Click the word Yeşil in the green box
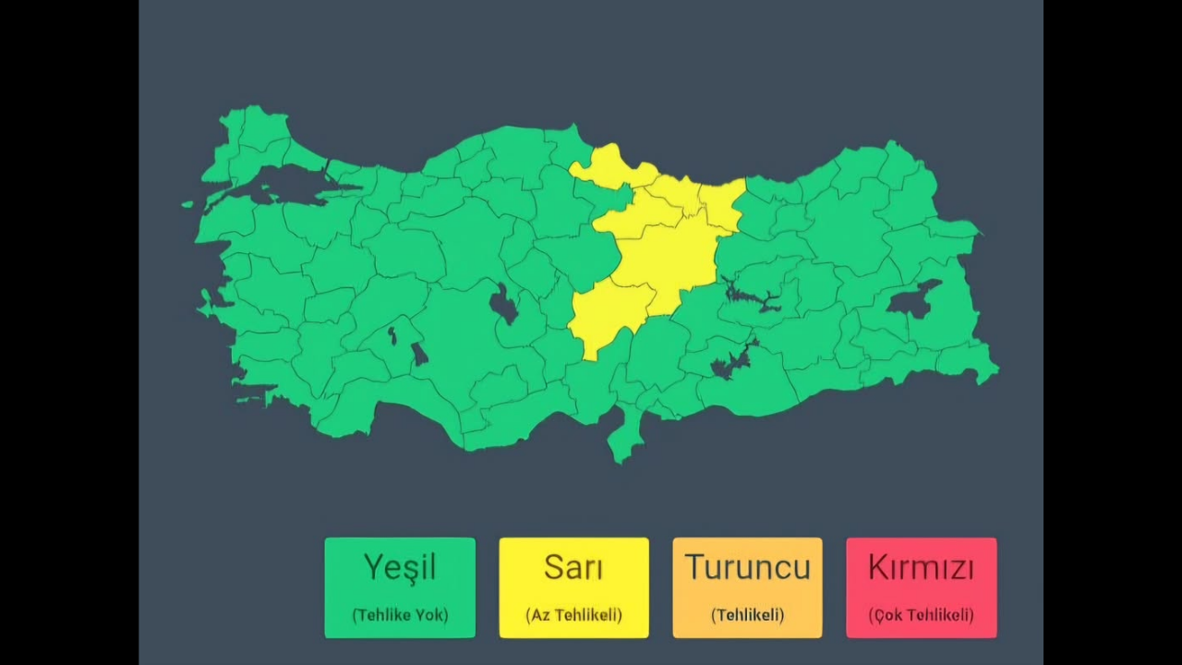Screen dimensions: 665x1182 (399, 567)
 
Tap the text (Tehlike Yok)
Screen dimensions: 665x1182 (399, 614)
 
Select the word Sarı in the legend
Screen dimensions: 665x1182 (573, 567)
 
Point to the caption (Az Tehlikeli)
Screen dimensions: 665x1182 (573, 614)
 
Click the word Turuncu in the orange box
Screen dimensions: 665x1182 (747, 567)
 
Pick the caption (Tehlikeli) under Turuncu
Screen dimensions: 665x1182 (747, 614)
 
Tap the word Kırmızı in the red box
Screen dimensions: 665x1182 (921, 567)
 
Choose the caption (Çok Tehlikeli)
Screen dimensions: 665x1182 (921, 614)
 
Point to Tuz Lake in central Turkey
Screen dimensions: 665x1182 (504, 304)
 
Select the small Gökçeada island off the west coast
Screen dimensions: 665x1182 (187, 204)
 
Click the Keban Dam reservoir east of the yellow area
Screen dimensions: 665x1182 (753, 297)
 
